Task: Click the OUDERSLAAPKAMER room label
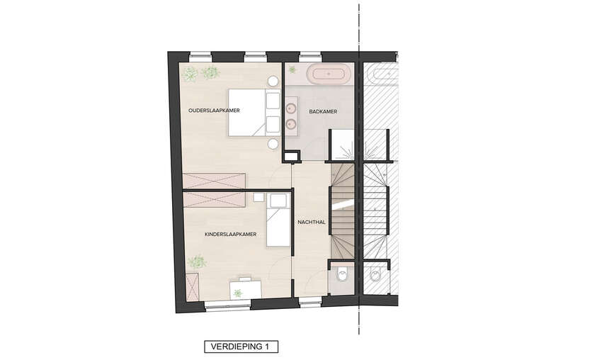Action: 214,111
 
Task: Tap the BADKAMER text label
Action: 323,112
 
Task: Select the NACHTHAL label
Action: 312,223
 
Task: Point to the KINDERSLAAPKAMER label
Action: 230,235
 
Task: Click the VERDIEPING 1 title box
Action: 241,347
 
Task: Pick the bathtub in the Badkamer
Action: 328,74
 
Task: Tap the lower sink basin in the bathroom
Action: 291,123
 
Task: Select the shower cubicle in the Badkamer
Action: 342,145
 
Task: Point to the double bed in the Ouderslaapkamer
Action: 254,113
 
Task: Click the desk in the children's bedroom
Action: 246,289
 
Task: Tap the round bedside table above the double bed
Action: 273,81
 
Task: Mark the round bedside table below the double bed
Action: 273,144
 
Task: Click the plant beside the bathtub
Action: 292,69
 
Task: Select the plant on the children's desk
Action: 237,293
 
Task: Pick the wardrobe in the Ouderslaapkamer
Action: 214,181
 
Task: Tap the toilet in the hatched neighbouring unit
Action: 375,275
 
